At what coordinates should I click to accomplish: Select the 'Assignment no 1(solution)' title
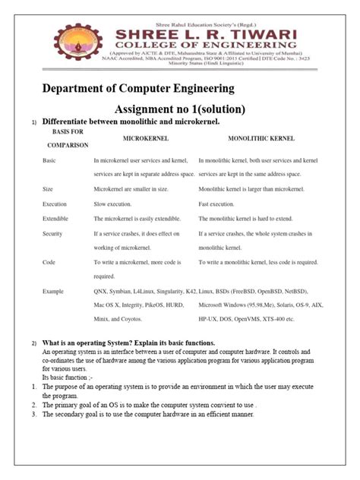pyautogui.click(x=179, y=109)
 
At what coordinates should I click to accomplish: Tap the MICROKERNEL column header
pyautogui.click(x=145, y=139)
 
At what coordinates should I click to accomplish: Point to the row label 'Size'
pyautogui.click(x=49, y=188)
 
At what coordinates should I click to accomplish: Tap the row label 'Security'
pyautogui.click(x=53, y=233)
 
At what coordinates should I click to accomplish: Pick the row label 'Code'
pyautogui.click(x=49, y=262)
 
